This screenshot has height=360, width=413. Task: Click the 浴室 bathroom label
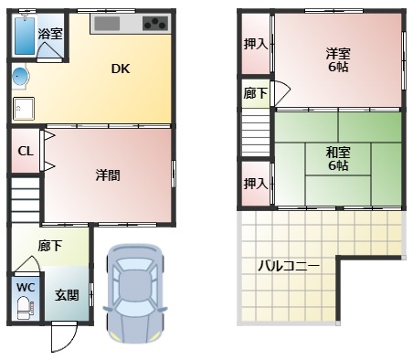tap(50, 34)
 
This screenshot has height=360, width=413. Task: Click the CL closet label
tap(26, 152)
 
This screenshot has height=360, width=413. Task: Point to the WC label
tap(26, 286)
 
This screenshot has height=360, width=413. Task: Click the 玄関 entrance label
tap(66, 294)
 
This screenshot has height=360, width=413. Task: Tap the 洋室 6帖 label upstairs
tap(338, 59)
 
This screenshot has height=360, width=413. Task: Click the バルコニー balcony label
tap(287, 267)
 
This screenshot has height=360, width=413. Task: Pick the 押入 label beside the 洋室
tap(255, 44)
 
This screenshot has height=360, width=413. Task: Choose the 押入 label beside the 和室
tap(255, 184)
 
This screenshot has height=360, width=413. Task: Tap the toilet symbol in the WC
tap(25, 309)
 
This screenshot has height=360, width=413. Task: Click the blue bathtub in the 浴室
tap(24, 33)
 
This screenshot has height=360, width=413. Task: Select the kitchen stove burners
tap(154, 23)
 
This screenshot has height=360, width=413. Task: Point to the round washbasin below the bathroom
tap(20, 76)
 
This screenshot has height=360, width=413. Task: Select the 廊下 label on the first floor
tap(50, 246)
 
